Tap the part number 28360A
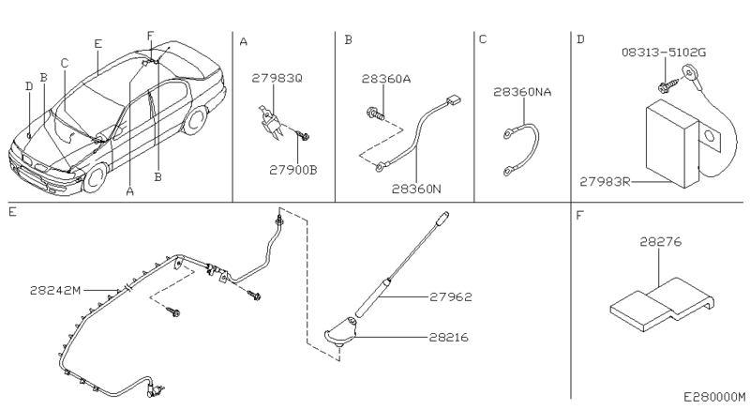[386, 80]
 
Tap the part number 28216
[452, 335]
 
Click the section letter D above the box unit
[580, 40]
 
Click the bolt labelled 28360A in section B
[371, 115]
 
